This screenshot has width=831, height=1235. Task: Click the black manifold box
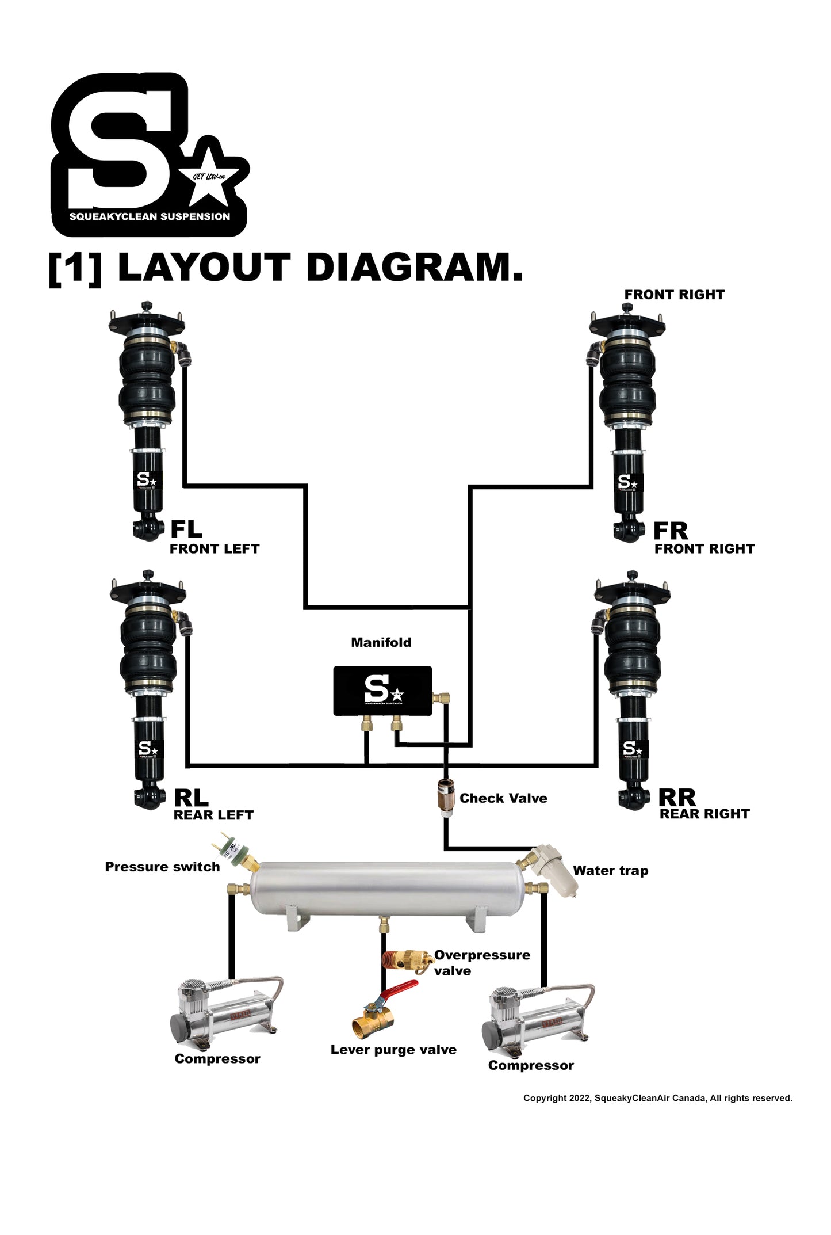[382, 691]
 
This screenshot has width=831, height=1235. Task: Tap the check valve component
[445, 798]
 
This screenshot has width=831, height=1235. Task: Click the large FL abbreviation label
[186, 529]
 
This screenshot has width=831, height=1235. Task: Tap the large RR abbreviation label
[677, 798]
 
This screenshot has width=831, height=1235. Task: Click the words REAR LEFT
[213, 815]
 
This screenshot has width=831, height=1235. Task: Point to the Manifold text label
[381, 642]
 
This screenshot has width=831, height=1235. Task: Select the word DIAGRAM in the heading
[415, 268]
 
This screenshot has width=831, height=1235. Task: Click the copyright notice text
[657, 1098]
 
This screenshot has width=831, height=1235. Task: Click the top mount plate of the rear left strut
[148, 589]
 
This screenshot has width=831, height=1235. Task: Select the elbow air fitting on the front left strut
[182, 352]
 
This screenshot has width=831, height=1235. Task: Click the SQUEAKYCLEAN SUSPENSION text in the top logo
[150, 217]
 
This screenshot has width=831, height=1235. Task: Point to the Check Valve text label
[503, 798]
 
